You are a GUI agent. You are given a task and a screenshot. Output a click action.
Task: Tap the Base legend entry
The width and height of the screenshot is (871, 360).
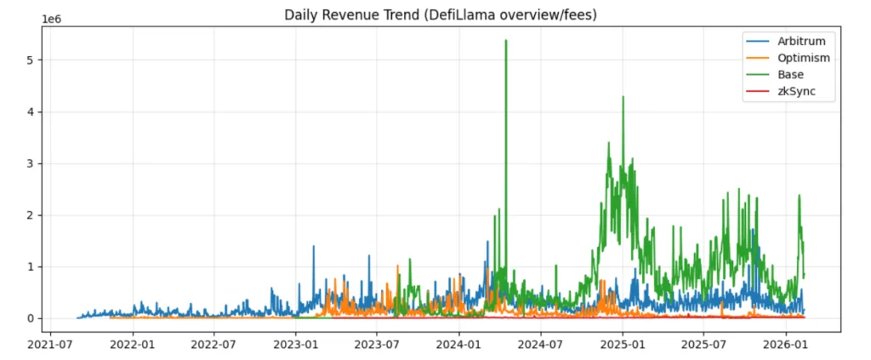click(x=792, y=75)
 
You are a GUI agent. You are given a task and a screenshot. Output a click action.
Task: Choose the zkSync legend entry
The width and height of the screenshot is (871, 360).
click(x=795, y=93)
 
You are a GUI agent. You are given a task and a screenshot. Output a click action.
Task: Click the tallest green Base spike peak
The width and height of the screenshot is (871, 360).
click(x=506, y=41)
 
